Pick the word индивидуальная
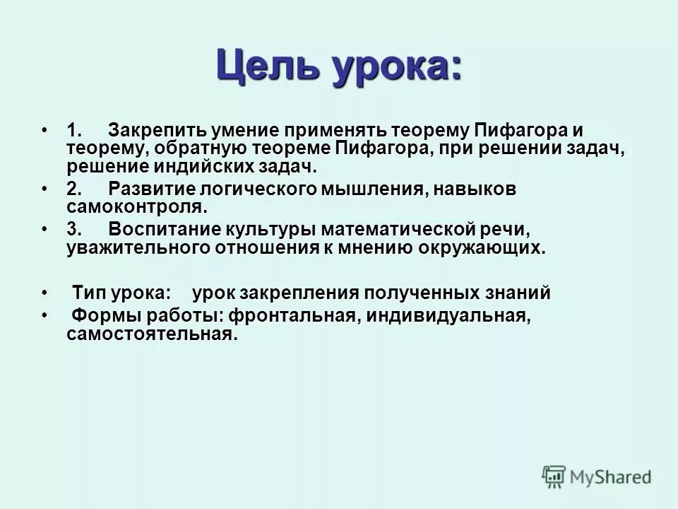click(x=447, y=317)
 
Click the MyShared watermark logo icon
click(x=554, y=476)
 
